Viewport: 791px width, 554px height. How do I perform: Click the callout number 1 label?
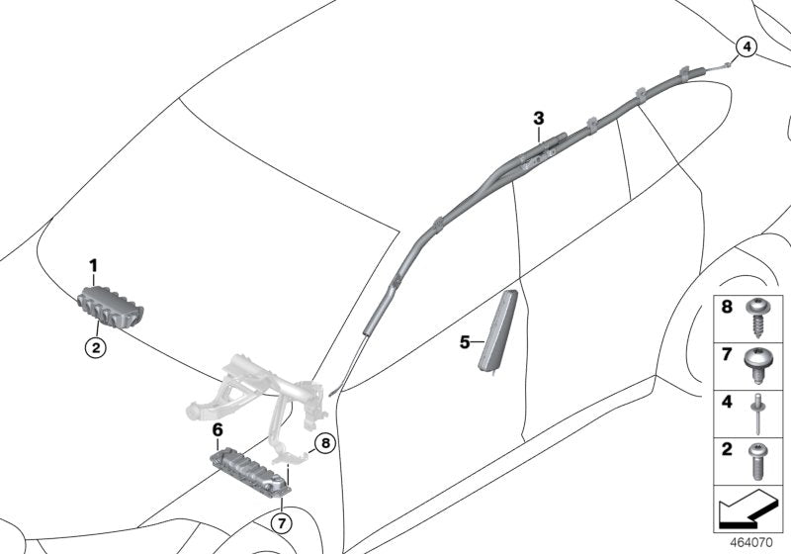[x=94, y=265]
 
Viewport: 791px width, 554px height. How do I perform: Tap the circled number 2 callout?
[x=95, y=347]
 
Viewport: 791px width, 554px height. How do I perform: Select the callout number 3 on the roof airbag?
[x=539, y=119]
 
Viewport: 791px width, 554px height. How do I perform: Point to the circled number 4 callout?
[x=745, y=46]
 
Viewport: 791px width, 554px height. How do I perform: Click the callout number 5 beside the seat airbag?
[x=465, y=342]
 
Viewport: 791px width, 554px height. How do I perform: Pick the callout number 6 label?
[x=218, y=429]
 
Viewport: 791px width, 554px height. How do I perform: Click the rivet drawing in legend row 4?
[x=762, y=414]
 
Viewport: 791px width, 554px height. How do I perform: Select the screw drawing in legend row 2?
[x=762, y=461]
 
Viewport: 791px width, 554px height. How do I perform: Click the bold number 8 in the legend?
[x=727, y=310]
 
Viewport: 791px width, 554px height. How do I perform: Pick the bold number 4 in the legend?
[x=727, y=403]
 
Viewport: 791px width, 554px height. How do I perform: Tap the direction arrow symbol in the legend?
[x=749, y=510]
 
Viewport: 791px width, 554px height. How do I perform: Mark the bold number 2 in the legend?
[x=727, y=450]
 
